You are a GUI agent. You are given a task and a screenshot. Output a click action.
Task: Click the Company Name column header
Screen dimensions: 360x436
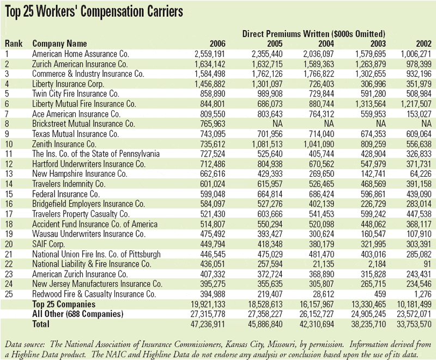pyautogui.click(x=59, y=44)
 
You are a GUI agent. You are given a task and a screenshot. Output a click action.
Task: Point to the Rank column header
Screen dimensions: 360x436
pyautogui.click(x=13, y=44)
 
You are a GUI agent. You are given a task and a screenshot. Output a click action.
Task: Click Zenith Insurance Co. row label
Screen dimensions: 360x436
pyautogui.click(x=64, y=143)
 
